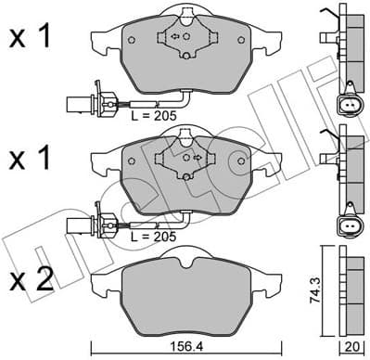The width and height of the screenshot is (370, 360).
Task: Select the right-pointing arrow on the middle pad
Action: click(198, 159)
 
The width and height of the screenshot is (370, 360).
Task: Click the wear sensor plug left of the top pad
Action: click(82, 102)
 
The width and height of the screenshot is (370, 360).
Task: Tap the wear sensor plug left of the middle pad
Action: click(82, 224)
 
